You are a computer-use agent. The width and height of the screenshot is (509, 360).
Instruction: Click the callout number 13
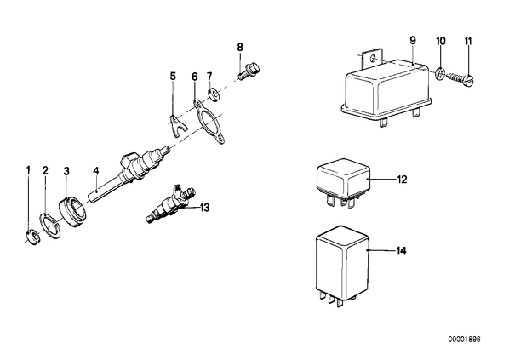pyautogui.click(x=205, y=208)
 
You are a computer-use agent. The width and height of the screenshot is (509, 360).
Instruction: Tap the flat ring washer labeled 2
pyautogui.click(x=50, y=226)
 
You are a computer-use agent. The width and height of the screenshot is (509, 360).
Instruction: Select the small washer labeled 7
pyautogui.click(x=213, y=92)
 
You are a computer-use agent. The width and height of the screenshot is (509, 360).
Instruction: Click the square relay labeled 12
pyautogui.click(x=343, y=184)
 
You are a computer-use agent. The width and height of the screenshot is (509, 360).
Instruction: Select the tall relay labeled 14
pyautogui.click(x=343, y=266)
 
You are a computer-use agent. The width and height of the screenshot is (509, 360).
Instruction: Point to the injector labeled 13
pyautogui.click(x=169, y=205)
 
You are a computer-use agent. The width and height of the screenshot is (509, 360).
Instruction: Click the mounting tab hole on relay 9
pyautogui.click(x=373, y=59)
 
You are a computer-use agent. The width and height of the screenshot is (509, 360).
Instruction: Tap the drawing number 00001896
pyautogui.click(x=464, y=340)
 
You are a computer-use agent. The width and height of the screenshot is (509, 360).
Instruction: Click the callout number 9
pyautogui.click(x=413, y=41)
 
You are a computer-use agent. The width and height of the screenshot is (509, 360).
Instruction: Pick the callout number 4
pyautogui.click(x=95, y=171)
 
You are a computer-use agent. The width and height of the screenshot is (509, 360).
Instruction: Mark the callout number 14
pyautogui.click(x=401, y=251)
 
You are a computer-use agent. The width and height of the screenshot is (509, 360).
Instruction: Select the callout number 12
pyautogui.click(x=402, y=180)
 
